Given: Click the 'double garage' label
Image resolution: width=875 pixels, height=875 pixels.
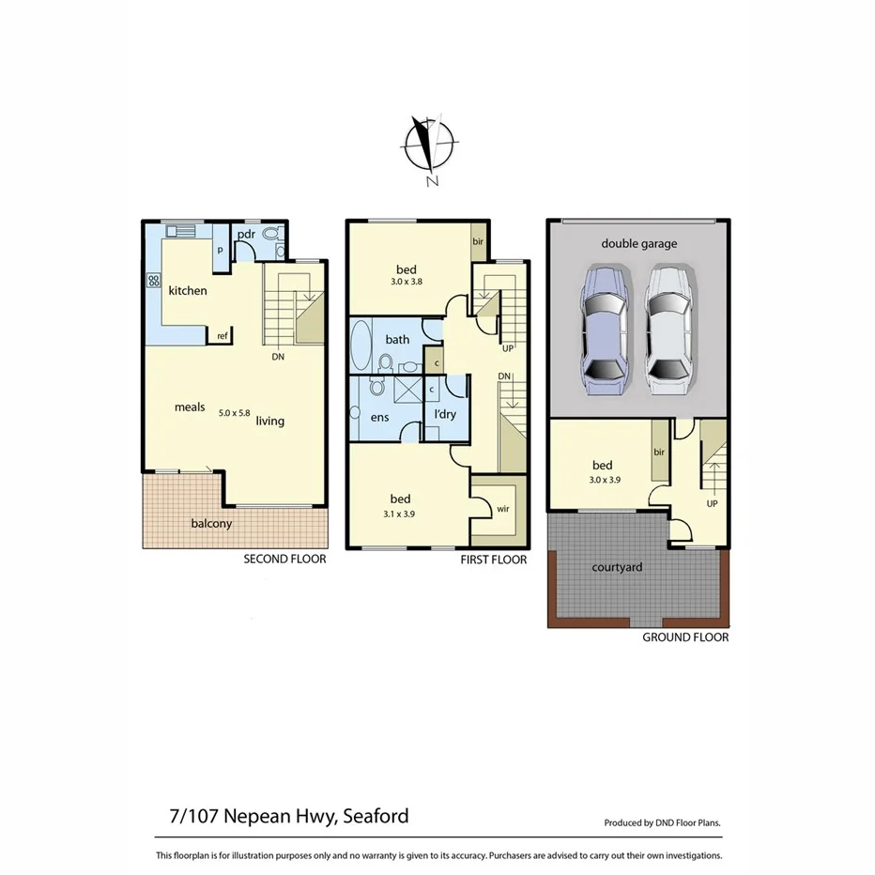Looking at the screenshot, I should [x=639, y=243].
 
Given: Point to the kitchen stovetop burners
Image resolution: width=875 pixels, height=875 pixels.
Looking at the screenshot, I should [x=152, y=281].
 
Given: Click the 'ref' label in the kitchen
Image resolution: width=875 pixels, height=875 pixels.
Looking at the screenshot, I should [x=223, y=335].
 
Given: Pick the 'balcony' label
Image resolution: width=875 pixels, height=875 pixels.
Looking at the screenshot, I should [x=211, y=523].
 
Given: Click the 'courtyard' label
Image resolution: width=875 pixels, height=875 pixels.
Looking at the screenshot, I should [x=617, y=567].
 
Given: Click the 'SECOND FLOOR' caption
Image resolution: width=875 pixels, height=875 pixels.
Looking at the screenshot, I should [x=284, y=559].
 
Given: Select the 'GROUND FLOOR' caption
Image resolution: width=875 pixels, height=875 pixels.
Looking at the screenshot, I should [x=685, y=637].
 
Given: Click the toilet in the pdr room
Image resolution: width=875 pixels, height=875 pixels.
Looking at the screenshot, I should [x=272, y=235].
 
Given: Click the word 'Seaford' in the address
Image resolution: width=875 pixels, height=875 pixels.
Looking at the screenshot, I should [x=375, y=816].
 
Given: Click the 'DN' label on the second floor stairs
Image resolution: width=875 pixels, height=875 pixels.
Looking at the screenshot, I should [x=279, y=357].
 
